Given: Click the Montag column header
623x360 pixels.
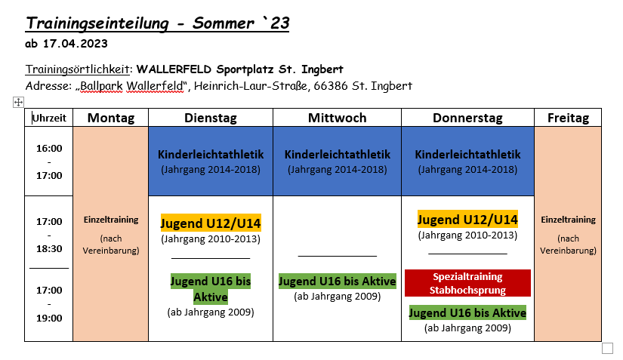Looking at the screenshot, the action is tap(111, 118).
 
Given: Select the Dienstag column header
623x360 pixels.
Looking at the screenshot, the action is tap(211, 118).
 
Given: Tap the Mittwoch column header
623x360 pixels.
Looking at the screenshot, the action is tap(338, 118).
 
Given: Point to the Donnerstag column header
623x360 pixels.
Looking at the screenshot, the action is tap(467, 118).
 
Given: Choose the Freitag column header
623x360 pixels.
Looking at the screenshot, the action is tap(568, 118).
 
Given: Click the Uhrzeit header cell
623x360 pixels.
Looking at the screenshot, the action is tap(49, 118).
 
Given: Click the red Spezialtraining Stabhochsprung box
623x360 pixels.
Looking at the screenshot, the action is tap(467, 283).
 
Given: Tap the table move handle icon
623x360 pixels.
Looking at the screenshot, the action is tap(18, 103).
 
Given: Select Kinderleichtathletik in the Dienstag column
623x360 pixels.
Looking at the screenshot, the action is tap(211, 155).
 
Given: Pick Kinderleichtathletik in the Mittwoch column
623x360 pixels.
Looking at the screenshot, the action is tap(338, 155).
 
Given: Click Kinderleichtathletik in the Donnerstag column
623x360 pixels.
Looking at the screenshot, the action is tap(467, 155).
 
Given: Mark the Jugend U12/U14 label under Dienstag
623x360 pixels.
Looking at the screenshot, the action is tap(211, 223).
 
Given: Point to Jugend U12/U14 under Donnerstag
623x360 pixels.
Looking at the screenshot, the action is tap(467, 220).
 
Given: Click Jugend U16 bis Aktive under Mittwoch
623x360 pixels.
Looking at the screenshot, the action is tap(338, 281).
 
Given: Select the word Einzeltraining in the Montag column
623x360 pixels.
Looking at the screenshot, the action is tap(111, 220).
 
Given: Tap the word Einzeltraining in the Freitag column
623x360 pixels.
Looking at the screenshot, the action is tap(568, 220).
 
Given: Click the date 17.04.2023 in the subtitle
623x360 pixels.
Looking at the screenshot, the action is tap(75, 44).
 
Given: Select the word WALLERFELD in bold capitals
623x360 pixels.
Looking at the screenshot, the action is tap(174, 69).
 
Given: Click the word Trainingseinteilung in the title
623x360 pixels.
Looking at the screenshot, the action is tap(97, 23).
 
